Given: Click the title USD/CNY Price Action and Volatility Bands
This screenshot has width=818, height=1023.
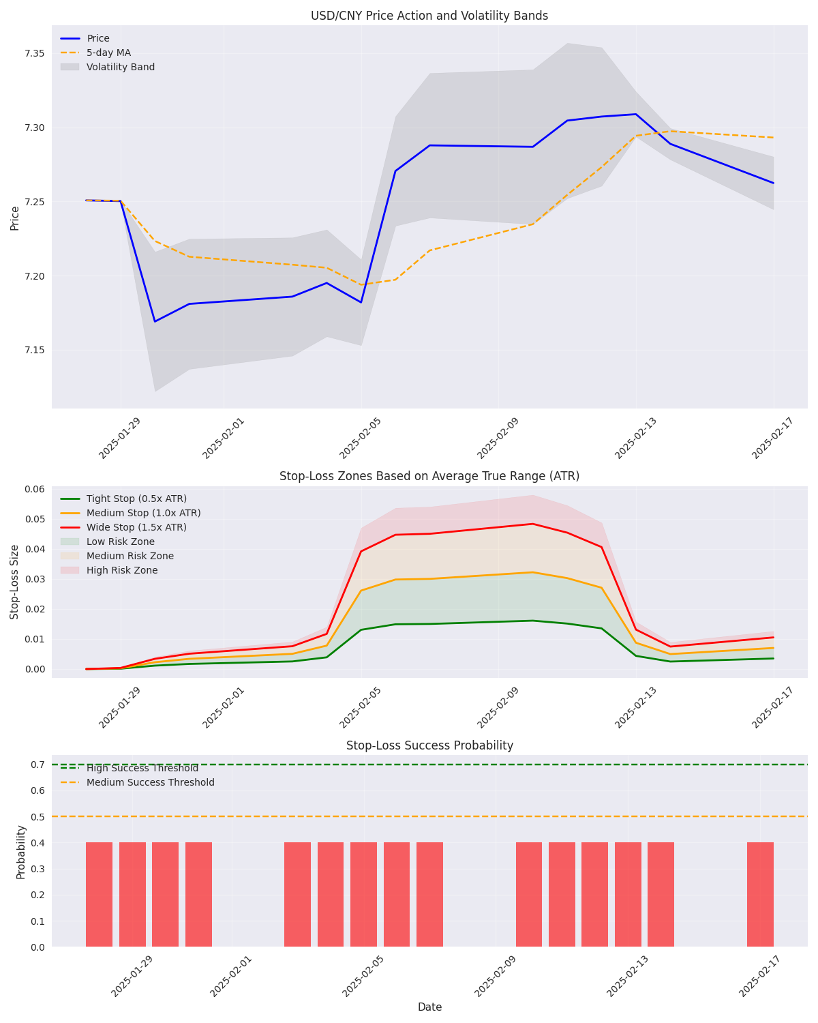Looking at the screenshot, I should click(x=429, y=16).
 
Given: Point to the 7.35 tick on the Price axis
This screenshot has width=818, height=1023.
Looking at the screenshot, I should click(x=34, y=54).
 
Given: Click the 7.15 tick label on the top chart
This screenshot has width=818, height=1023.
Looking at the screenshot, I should click(x=34, y=351).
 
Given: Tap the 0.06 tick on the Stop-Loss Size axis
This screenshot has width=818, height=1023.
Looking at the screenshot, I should click(x=34, y=489).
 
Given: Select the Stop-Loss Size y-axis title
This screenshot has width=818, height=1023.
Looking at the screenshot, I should click(x=15, y=582).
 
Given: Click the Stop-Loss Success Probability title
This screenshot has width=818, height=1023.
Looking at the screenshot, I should click(x=429, y=745).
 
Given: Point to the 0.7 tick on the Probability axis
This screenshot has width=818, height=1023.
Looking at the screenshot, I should click(x=38, y=765).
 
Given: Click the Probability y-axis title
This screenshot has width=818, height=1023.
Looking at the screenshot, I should click(x=21, y=851).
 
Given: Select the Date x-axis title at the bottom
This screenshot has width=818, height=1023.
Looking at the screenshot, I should click(x=429, y=1007).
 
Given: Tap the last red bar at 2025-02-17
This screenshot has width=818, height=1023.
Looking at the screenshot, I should click(x=760, y=894).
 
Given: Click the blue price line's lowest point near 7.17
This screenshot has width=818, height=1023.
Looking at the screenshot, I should click(x=155, y=321).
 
